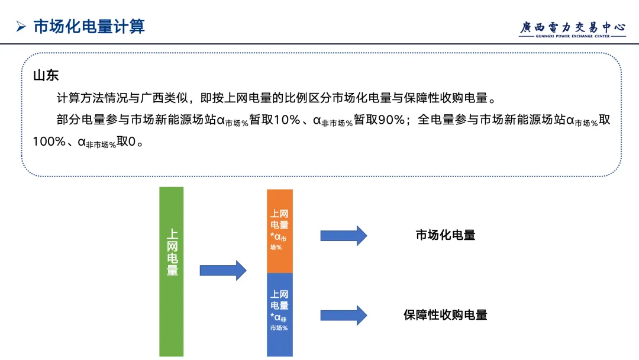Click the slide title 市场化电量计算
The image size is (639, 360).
pyautogui.click(x=89, y=27)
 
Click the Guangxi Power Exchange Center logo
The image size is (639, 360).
pyautogui.click(x=572, y=29)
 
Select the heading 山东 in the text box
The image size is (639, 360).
pyautogui.click(x=46, y=76)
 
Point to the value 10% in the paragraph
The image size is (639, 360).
pyautogui.click(x=287, y=120)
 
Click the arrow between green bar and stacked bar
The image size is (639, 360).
pyautogui.click(x=222, y=270)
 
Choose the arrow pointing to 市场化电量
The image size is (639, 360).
pyautogui.click(x=343, y=235)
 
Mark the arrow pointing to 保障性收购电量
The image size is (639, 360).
pyautogui.click(x=343, y=314)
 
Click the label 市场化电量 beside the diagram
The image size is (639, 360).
pyautogui.click(x=446, y=235)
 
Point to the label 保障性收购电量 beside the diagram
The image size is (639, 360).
pyautogui.click(x=446, y=315)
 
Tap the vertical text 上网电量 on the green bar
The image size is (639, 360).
pyautogui.click(x=172, y=253)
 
